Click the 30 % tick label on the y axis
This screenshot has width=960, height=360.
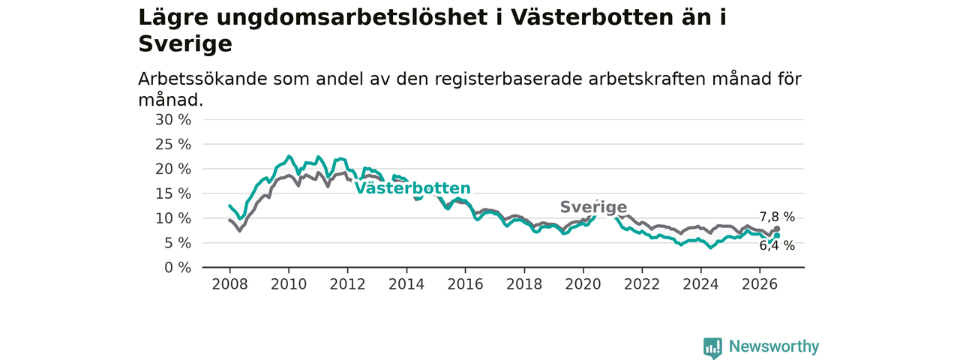pyautogui.click(x=173, y=120)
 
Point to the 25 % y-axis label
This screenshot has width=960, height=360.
pyautogui.click(x=173, y=145)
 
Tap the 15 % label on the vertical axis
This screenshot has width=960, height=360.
pyautogui.click(x=173, y=193)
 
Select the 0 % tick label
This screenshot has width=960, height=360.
pyautogui.click(x=178, y=268)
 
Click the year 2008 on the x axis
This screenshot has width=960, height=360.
pyautogui.click(x=229, y=284)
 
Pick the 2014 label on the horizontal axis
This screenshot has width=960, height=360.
pyautogui.click(x=406, y=284)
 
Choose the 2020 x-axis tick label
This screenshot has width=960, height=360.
pyautogui.click(x=583, y=284)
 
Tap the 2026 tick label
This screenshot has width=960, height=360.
pyautogui.click(x=760, y=284)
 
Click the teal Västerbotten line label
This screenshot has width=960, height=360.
pyautogui.click(x=412, y=188)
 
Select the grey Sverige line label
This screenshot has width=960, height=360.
pyautogui.click(x=593, y=207)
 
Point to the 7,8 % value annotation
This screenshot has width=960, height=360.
pyautogui.click(x=777, y=217)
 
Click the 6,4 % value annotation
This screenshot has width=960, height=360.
pyautogui.click(x=777, y=245)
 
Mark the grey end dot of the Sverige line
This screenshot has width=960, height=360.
pyautogui.click(x=776, y=229)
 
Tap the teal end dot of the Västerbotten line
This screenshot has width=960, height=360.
pyautogui.click(x=776, y=235)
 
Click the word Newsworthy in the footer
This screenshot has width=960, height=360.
pyautogui.click(x=774, y=346)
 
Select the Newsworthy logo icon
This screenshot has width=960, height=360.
pyautogui.click(x=712, y=347)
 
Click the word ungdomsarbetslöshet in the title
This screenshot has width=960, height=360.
pyautogui.click(x=352, y=18)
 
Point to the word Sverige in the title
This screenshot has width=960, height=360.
pyautogui.click(x=185, y=44)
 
